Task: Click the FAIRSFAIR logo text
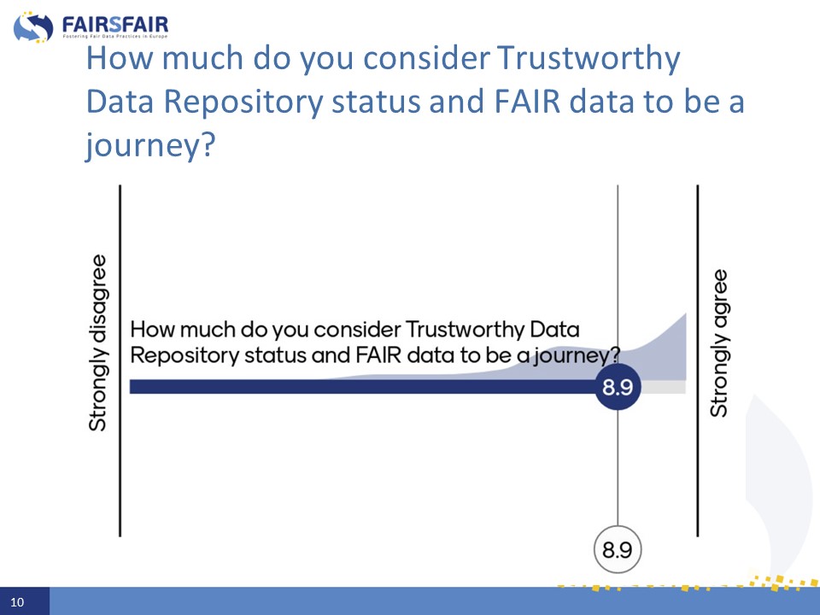click(x=115, y=25)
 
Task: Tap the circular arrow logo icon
click(x=33, y=27)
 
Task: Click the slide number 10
click(x=17, y=602)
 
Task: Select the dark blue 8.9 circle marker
click(x=618, y=387)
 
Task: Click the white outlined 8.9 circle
click(x=618, y=549)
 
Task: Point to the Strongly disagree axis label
click(x=97, y=343)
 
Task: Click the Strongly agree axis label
click(x=719, y=343)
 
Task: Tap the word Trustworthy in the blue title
click(x=589, y=58)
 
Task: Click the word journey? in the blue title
click(x=150, y=145)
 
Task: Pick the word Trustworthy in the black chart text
click(x=465, y=330)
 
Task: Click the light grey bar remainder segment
click(x=663, y=387)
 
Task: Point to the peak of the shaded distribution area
click(x=686, y=313)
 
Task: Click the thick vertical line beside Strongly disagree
click(x=120, y=360)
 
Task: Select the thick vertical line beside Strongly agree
click(x=698, y=360)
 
